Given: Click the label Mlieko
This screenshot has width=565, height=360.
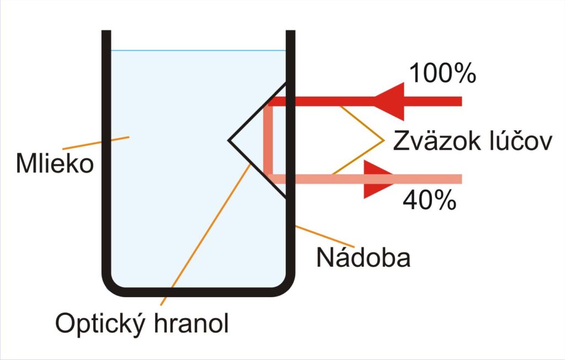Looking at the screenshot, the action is pyautogui.click(x=55, y=163).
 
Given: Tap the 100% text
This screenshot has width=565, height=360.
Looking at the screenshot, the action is pyautogui.click(x=443, y=73).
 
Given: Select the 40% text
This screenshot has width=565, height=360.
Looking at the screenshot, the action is pyautogui.click(x=429, y=200).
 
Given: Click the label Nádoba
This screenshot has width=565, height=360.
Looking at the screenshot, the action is pyautogui.click(x=363, y=257).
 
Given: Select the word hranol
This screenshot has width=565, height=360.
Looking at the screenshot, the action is pyautogui.click(x=191, y=322).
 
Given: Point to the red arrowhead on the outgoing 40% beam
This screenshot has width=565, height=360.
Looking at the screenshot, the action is pyautogui.click(x=379, y=179).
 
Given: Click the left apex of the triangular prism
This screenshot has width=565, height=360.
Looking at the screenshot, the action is pyautogui.click(x=228, y=141).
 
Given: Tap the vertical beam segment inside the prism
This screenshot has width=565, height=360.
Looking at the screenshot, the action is pyautogui.click(x=268, y=140).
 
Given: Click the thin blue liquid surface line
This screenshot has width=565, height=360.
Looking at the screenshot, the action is pyautogui.click(x=198, y=50).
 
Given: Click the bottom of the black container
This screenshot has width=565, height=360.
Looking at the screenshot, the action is pyautogui.click(x=198, y=292).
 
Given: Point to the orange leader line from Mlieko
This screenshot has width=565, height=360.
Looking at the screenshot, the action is pyautogui.click(x=96, y=143).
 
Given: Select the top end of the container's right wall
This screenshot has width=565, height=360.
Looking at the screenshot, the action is pyautogui.click(x=290, y=31).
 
